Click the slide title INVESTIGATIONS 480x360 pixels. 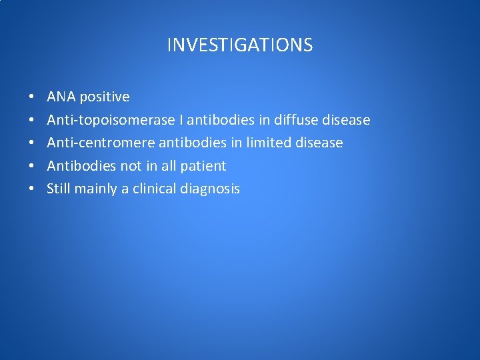point(239,45)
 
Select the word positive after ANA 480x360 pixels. point(105,97)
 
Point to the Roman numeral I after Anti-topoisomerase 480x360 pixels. point(182,120)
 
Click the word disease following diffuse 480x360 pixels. point(345,120)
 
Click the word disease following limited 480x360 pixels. point(319,143)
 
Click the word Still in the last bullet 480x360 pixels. point(59,189)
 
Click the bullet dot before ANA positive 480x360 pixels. point(32,97)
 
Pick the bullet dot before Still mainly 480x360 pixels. point(32,189)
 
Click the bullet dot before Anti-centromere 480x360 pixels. point(32,143)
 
